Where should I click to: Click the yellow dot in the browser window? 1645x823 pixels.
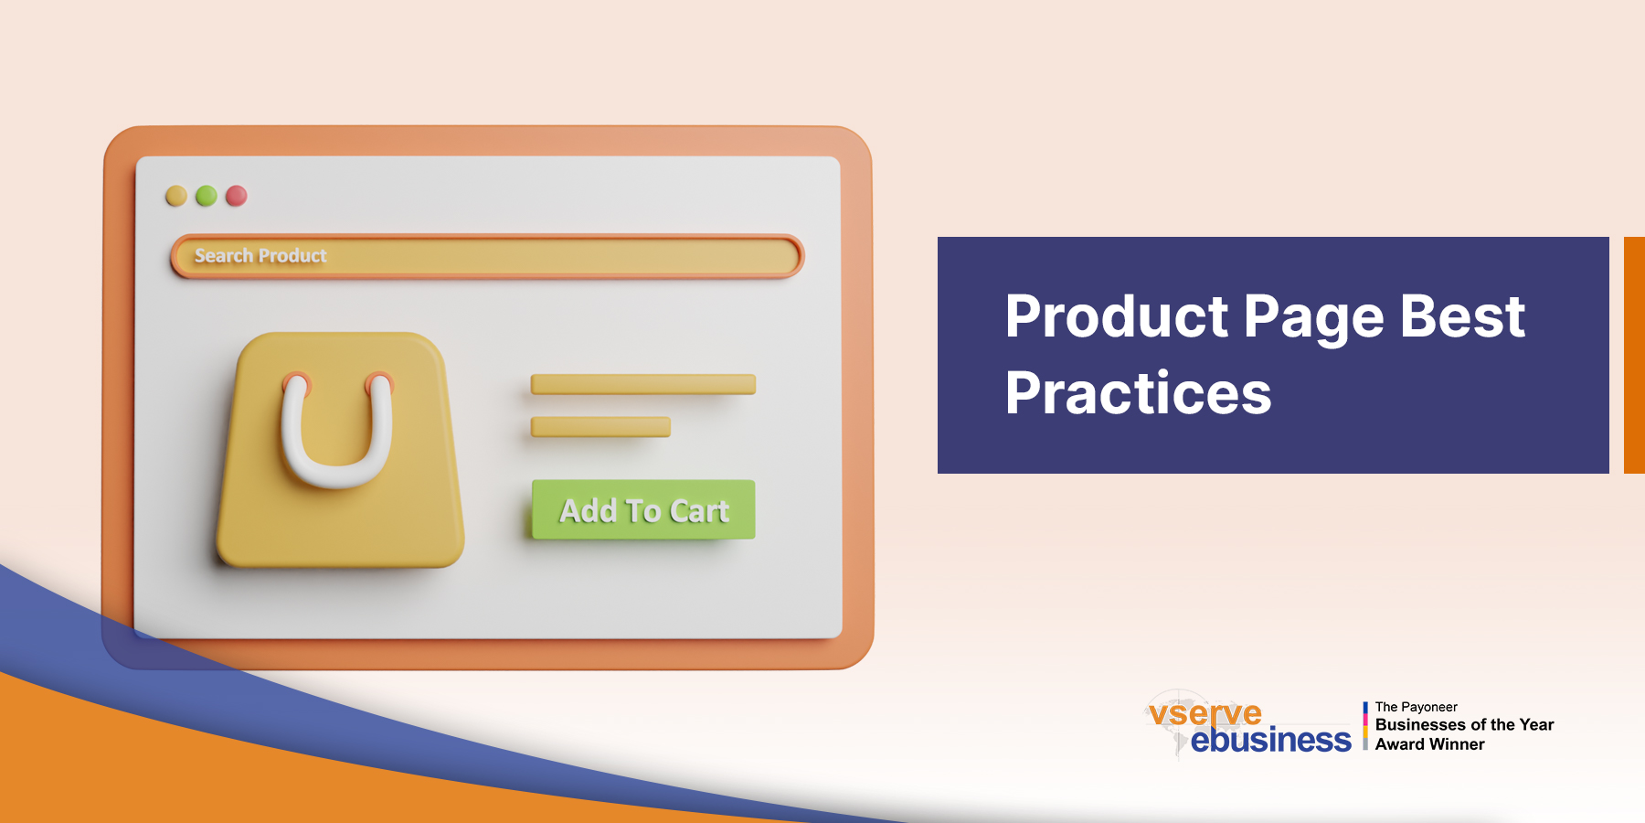click(176, 196)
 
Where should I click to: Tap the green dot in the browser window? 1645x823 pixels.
click(207, 196)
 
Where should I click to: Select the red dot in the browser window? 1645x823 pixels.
click(237, 196)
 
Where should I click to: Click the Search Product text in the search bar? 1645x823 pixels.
click(260, 256)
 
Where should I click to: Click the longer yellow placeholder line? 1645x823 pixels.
click(643, 384)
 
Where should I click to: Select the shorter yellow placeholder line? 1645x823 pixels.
click(600, 427)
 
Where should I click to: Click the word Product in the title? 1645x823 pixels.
click(1117, 317)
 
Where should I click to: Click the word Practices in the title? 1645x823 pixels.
click(1138, 394)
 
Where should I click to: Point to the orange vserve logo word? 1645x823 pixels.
click(1205, 712)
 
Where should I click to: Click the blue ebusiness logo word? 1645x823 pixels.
click(1270, 740)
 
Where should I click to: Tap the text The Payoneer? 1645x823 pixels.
click(1416, 707)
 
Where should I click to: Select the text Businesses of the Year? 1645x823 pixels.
click(1464, 725)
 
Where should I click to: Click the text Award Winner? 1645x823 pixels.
click(1429, 744)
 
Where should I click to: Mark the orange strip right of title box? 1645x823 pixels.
click(1634, 355)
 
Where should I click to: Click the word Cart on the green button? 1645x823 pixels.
click(699, 511)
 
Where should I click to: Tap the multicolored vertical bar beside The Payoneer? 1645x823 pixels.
click(1365, 726)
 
